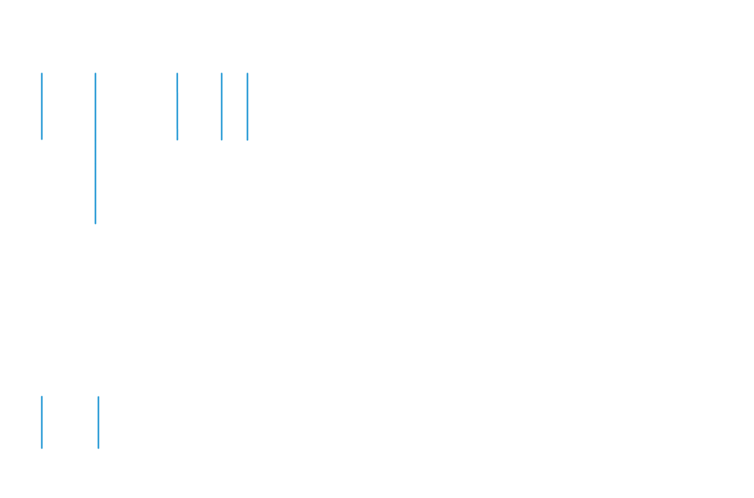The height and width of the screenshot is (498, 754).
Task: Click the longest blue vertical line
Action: (96, 148)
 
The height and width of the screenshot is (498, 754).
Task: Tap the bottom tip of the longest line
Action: (96, 223)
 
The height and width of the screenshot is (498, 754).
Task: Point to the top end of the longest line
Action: (96, 73)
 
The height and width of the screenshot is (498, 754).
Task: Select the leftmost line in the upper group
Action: (42, 106)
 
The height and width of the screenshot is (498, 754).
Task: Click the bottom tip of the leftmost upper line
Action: (42, 139)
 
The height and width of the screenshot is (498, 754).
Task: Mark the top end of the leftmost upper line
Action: (42, 73)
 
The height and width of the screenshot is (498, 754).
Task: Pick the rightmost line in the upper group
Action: (248, 106)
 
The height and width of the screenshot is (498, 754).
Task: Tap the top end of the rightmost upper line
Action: (248, 73)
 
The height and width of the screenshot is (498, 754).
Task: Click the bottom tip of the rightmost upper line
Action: (248, 139)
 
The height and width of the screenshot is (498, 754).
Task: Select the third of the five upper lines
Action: (177, 106)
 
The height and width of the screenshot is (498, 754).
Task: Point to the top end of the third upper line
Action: (177, 73)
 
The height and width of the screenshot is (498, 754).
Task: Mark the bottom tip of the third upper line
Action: (177, 140)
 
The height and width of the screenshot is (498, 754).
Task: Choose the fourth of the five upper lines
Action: (222, 106)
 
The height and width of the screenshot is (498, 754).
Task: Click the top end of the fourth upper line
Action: (222, 73)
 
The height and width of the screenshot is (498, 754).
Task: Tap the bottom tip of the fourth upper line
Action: (222, 140)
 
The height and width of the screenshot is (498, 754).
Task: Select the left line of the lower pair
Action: (42, 423)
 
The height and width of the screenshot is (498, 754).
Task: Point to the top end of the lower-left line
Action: (42, 396)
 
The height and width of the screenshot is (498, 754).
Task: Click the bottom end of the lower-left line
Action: (42, 448)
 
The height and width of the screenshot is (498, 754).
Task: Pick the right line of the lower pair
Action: (99, 423)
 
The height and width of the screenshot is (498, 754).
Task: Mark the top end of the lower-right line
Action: (99, 396)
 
